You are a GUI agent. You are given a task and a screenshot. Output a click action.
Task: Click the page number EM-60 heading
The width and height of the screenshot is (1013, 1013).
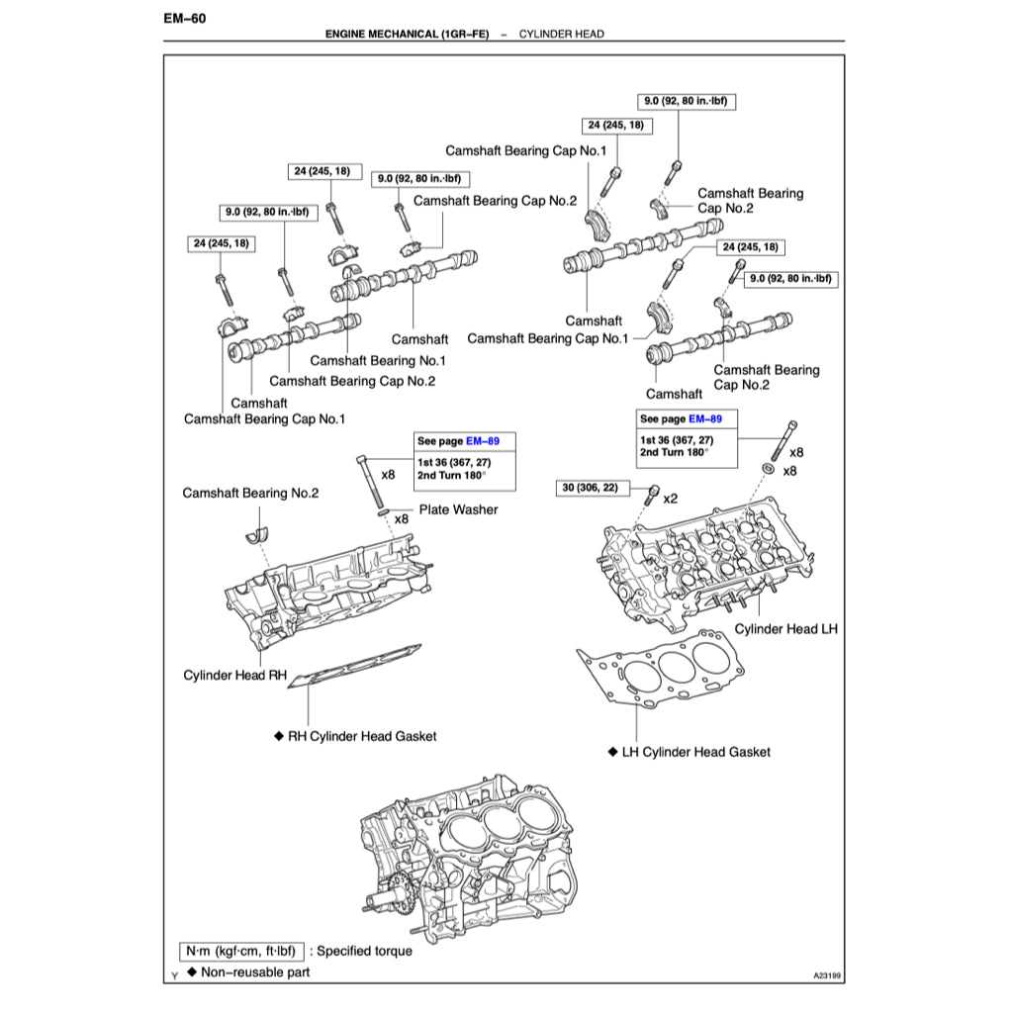[184, 18]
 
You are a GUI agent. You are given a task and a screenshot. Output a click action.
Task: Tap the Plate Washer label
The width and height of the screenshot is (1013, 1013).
[458, 509]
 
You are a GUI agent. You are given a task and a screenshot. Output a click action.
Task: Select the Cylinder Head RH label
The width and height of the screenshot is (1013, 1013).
[234, 676]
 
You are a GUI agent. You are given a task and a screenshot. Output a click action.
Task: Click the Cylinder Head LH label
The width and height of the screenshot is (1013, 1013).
[786, 629]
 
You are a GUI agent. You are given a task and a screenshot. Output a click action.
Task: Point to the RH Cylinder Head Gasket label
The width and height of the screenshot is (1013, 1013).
[354, 736]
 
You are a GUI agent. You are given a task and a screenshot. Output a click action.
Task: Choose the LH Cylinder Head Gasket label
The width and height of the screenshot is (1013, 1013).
[689, 752]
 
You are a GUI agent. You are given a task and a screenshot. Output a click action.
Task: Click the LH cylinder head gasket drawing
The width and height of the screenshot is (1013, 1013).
[665, 673]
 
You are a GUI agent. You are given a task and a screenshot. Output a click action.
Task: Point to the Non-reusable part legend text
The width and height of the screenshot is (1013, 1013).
[254, 972]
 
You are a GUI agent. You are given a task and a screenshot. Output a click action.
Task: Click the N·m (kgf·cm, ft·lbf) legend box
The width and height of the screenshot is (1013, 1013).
[240, 951]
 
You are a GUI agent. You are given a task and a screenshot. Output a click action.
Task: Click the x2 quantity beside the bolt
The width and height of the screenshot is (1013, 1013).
[670, 498]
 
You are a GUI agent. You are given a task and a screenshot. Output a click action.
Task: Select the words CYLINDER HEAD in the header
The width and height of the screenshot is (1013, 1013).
[561, 34]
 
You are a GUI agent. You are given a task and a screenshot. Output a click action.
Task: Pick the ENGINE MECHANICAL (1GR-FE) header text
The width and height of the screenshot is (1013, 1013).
[407, 34]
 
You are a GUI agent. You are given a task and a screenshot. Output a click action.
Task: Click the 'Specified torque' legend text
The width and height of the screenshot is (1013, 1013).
[364, 951]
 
